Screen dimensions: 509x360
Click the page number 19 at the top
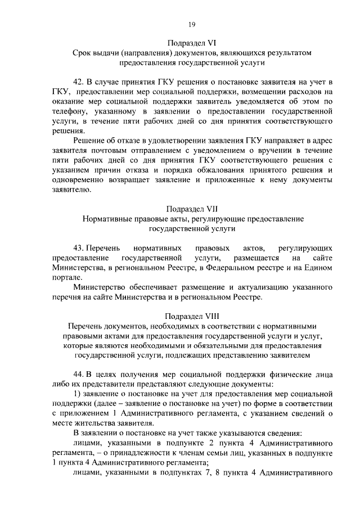[191, 24]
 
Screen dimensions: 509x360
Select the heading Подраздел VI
[191, 42]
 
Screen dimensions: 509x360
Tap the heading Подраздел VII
[192, 208]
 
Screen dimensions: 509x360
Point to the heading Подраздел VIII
[192, 316]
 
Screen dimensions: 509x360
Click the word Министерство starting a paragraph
[100, 287]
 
